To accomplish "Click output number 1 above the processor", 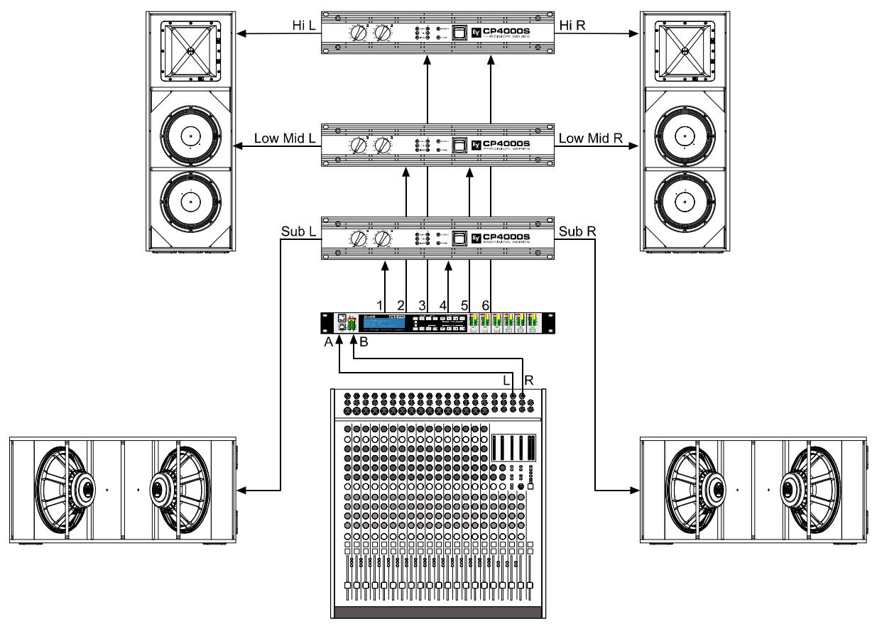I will coord(380,305).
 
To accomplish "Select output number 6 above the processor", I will coord(486,305).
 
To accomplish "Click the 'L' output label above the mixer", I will coord(506,381).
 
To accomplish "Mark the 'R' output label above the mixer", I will coord(528,381).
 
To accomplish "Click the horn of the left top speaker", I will coord(191,52).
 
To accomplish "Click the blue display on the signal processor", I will coord(383,323).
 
